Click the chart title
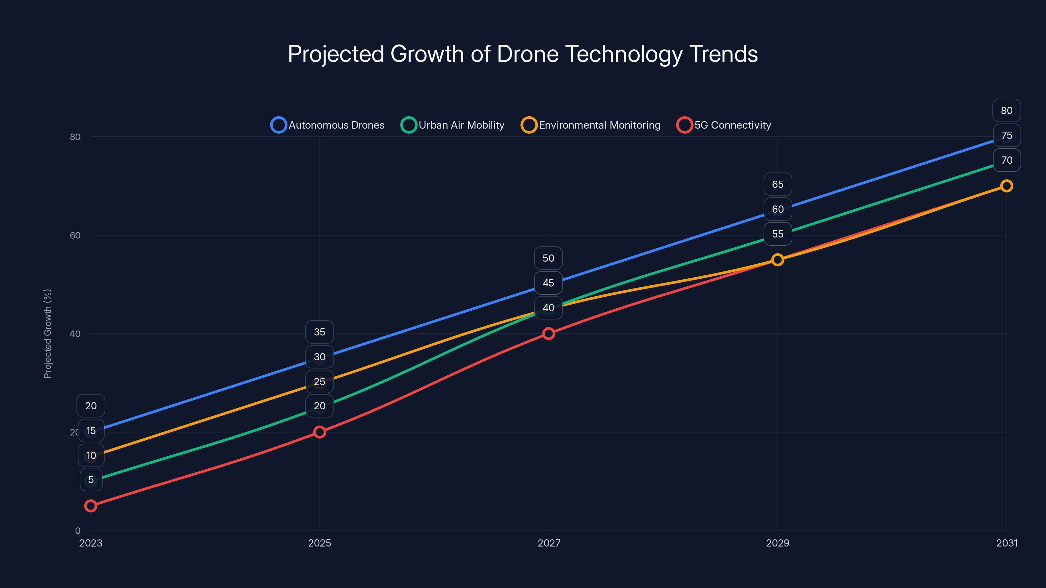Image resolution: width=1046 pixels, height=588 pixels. pyautogui.click(x=523, y=54)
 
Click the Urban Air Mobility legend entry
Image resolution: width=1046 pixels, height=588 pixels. pyautogui.click(x=453, y=125)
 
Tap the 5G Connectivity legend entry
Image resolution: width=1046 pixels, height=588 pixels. pyautogui.click(x=724, y=125)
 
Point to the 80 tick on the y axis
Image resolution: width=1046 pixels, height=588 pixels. pyautogui.click(x=75, y=137)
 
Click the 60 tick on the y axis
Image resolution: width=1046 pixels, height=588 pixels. pyautogui.click(x=75, y=235)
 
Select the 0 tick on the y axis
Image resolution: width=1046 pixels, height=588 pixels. pyautogui.click(x=77, y=531)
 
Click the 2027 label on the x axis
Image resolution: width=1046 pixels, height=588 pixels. pyautogui.click(x=548, y=543)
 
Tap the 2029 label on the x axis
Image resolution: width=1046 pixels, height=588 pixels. pyautogui.click(x=777, y=543)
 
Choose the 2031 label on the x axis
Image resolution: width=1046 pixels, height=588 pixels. pyautogui.click(x=1007, y=543)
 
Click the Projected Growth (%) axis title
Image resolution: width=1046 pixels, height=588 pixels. pyautogui.click(x=47, y=334)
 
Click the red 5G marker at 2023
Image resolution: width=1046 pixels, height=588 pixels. pyautogui.click(x=91, y=506)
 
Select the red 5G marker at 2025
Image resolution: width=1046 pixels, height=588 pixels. pyautogui.click(x=320, y=432)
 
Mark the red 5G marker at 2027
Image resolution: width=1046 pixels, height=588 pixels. pyautogui.click(x=548, y=334)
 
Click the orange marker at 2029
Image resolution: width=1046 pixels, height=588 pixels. pyautogui.click(x=777, y=260)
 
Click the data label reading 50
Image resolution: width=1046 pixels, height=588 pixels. pyautogui.click(x=548, y=258)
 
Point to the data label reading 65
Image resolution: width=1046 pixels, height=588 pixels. pyautogui.click(x=777, y=184)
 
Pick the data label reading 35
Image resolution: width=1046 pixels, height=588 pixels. pyautogui.click(x=320, y=332)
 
